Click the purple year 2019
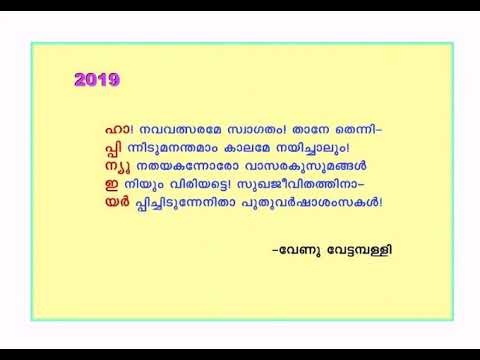click(97, 80)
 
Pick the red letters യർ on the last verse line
click(113, 202)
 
